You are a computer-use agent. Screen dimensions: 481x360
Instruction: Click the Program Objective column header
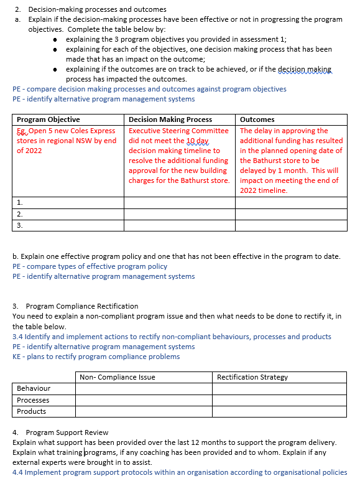48,119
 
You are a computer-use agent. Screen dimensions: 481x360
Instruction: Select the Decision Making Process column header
170,119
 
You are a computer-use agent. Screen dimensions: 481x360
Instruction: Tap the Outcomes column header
257,119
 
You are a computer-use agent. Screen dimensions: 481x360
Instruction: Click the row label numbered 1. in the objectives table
20,202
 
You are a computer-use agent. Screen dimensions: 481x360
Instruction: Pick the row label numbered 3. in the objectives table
20,225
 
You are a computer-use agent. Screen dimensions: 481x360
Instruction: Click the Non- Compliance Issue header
118,377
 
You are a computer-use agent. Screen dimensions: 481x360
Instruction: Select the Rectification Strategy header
252,377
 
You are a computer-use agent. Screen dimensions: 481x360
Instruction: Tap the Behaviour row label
34,388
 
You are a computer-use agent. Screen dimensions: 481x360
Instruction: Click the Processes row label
33,400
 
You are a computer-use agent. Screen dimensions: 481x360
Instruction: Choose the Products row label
31,411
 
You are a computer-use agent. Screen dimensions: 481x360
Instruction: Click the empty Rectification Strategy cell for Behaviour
280,388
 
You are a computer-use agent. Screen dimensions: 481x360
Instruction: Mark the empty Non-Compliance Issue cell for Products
144,411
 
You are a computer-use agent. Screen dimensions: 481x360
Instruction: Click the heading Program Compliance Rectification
81,306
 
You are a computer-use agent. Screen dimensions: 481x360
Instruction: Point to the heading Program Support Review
67,432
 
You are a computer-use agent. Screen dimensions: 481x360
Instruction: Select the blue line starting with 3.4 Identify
172,337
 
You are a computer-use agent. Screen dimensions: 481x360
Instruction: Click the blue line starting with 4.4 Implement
180,472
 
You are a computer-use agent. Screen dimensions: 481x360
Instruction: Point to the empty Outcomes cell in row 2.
291,214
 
